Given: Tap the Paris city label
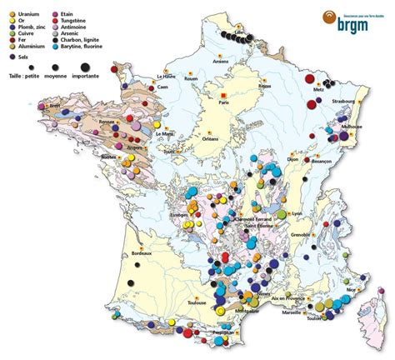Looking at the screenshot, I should pyautogui.click(x=222, y=102).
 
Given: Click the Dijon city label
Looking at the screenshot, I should pyautogui.click(x=291, y=157).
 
